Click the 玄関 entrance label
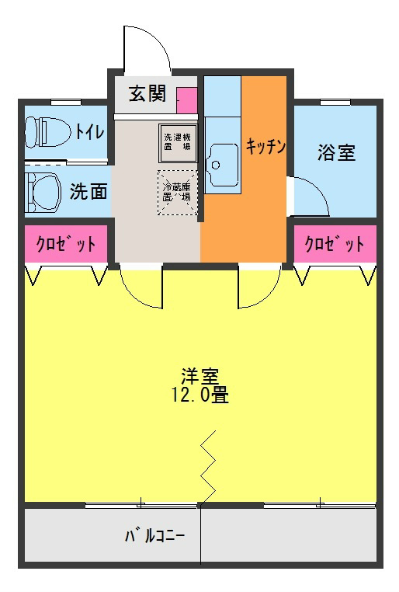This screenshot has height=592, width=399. point(147,94)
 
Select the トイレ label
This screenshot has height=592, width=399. point(89,132)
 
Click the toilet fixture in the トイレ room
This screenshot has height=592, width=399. point(45,131)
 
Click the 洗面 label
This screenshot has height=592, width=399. point(88,191)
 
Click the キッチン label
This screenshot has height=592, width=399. point(266,145)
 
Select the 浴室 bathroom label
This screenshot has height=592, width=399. point(336,152)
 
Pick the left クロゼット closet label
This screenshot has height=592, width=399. point(66,245)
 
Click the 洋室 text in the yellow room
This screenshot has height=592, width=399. point(199,376)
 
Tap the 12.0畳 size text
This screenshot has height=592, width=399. point(199,394)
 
